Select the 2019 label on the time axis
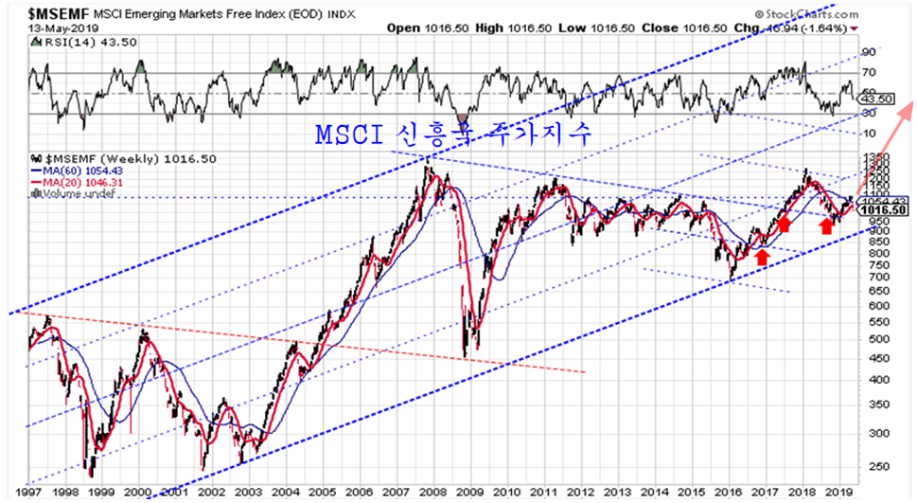pos(834,494)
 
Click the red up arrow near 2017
pos(762,256)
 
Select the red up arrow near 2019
pos(826,225)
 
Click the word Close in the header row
pos(661,27)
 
